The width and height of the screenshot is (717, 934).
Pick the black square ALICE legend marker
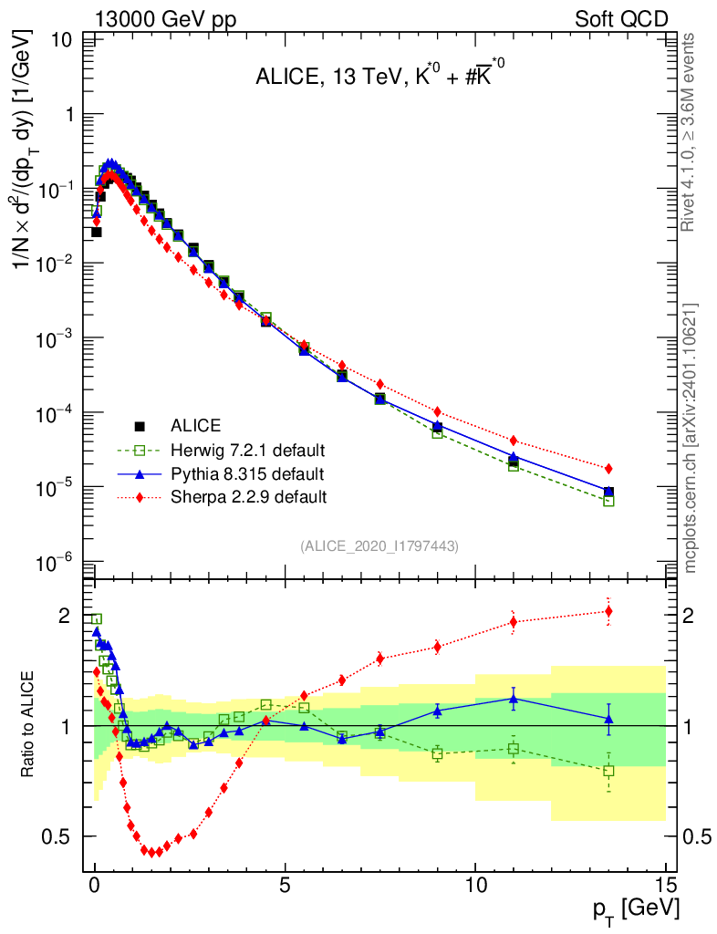tap(140, 426)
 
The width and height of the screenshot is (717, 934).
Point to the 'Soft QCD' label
tap(620, 19)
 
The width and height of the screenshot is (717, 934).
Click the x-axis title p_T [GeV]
tap(635, 908)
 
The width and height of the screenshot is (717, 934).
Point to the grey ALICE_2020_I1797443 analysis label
tap(379, 545)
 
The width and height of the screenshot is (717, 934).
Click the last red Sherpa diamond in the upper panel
tap(608, 468)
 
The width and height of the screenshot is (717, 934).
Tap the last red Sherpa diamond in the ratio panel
tap(608, 611)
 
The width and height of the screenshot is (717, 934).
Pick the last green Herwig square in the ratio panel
tap(608, 771)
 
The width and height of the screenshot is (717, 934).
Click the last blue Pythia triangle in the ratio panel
tap(608, 719)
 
